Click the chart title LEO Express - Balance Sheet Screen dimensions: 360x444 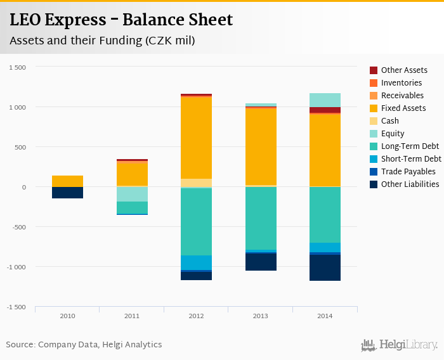(121, 20)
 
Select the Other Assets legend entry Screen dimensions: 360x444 (404, 70)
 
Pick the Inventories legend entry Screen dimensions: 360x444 (402, 83)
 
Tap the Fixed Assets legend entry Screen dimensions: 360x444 (403, 108)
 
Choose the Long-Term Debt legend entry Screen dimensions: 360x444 (410, 146)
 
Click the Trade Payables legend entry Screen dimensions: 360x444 (408, 172)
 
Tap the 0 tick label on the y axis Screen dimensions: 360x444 (23, 187)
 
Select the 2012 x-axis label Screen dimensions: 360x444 (196, 315)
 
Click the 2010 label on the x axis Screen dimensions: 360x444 (67, 315)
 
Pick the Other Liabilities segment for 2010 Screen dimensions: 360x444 (67, 193)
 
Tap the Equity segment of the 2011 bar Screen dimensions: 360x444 (132, 194)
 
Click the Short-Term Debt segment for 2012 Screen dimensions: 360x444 (196, 262)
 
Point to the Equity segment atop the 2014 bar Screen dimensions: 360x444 (325, 100)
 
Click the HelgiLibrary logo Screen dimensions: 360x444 (400, 345)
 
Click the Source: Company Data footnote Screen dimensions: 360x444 (84, 345)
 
